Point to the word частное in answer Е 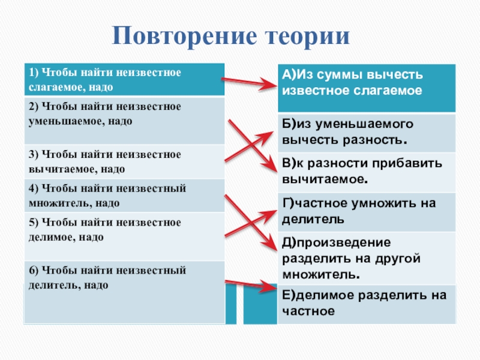point(308,311)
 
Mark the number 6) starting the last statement point(32,271)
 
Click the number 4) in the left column point(32,188)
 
